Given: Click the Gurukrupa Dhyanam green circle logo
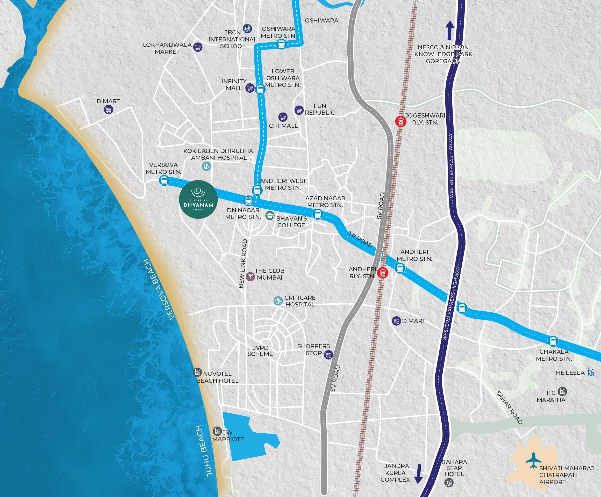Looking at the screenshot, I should (198, 199).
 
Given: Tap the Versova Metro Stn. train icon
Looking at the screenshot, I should (164, 181).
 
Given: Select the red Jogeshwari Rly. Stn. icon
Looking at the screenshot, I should (400, 121).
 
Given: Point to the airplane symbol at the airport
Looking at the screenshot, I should (533, 460).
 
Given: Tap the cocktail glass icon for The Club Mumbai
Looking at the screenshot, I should (250, 276).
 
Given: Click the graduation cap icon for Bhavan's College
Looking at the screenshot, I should (270, 216).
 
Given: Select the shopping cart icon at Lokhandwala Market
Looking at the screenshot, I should (197, 47).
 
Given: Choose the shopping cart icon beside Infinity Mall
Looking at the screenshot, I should (250, 88).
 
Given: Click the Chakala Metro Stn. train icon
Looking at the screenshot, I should (553, 341).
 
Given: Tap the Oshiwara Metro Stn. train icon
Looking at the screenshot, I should (281, 44).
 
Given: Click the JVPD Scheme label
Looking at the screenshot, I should (260, 351).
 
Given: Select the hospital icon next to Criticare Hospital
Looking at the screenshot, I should (278, 301).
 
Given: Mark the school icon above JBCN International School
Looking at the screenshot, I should (247, 28).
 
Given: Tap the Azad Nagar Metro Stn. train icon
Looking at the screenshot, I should (317, 214).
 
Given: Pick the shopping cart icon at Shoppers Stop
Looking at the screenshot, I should (328, 355).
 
